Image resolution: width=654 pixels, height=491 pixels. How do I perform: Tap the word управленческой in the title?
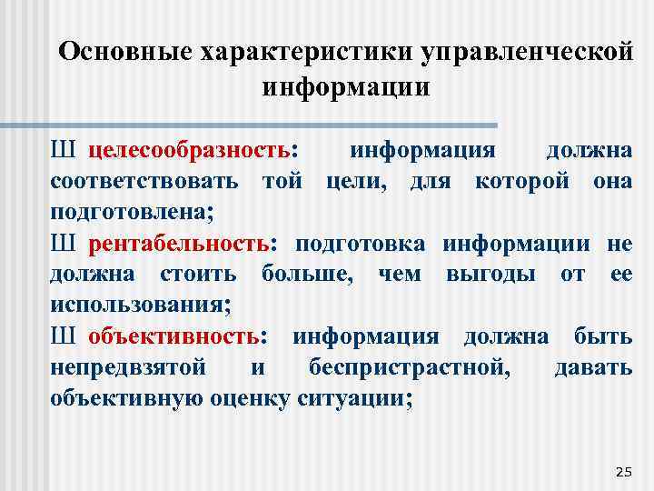527,52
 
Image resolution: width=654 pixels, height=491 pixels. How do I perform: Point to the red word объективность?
173,336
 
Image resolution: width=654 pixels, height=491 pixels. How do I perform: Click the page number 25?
623,470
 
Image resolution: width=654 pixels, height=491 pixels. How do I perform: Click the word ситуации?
362,398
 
